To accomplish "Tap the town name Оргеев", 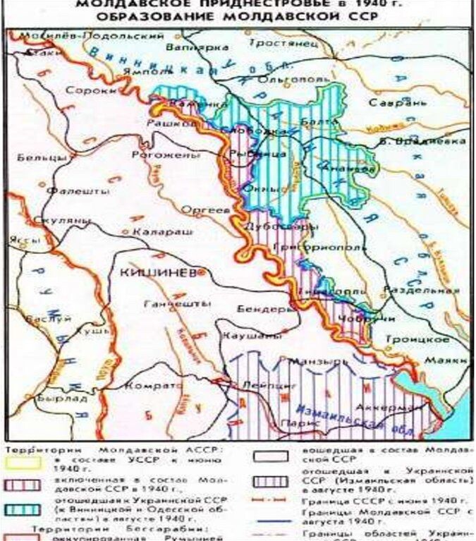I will [205, 210].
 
